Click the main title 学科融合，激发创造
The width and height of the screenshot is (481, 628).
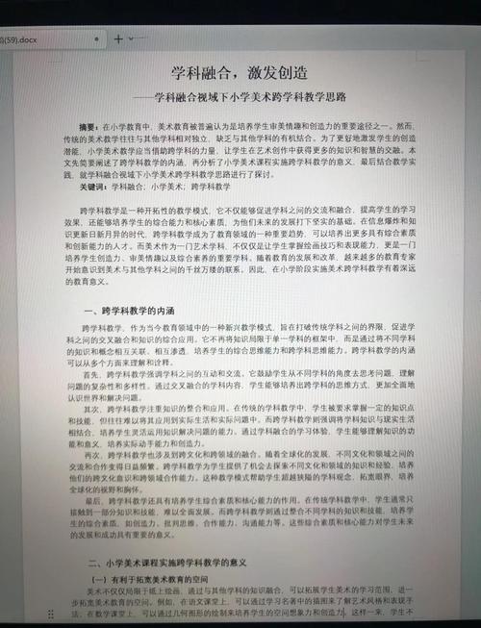point(240,75)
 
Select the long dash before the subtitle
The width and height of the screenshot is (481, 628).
point(144,99)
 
